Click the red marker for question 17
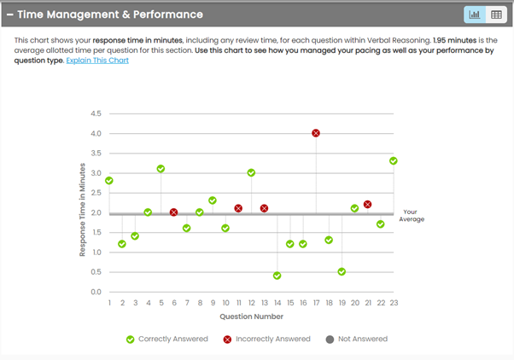tap(316, 133)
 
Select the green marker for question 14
tap(277, 276)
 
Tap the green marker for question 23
tap(394, 160)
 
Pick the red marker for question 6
tap(173, 212)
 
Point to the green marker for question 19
tap(342, 271)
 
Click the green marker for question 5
tap(161, 169)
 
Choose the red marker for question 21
tap(368, 205)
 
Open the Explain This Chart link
tap(97, 61)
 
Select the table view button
tap(496, 15)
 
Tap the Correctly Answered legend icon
tap(130, 339)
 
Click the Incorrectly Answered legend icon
tap(229, 339)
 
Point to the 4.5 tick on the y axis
tap(96, 113)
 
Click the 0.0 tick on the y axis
tap(96, 292)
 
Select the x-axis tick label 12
tap(252, 303)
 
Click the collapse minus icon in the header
tap(9, 15)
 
